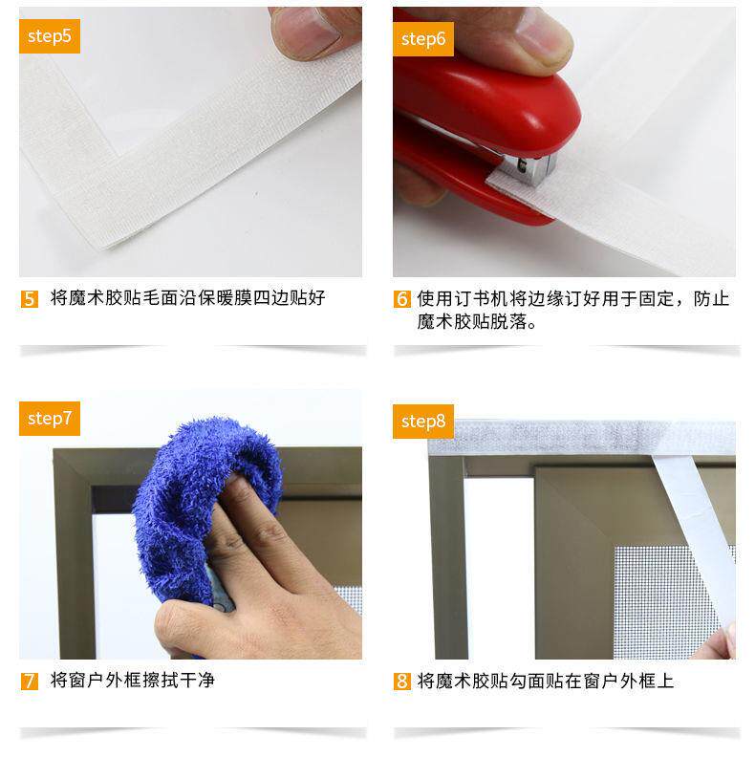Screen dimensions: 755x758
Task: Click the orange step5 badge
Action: pyautogui.click(x=50, y=36)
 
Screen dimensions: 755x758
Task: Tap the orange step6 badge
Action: pyautogui.click(x=423, y=39)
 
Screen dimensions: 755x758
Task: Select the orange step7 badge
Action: pyautogui.click(x=50, y=419)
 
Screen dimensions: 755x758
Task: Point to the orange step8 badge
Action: pyautogui.click(x=423, y=422)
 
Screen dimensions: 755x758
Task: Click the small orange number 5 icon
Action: pyautogui.click(x=30, y=299)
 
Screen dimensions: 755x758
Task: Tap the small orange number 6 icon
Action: pyautogui.click(x=402, y=299)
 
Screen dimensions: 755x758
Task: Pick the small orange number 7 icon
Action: pyautogui.click(x=30, y=682)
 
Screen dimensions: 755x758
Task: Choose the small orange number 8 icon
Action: pyautogui.click(x=402, y=682)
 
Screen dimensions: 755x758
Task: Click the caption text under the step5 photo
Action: pyautogui.click(x=187, y=298)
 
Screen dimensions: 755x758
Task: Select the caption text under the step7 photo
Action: pyautogui.click(x=132, y=681)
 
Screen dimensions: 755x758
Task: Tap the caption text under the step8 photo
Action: pyautogui.click(x=545, y=682)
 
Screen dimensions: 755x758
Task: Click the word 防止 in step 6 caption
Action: pyautogui.click(x=711, y=299)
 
